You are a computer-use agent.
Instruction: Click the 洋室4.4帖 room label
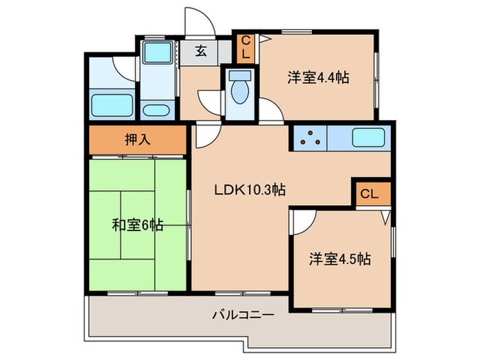pos(317,77)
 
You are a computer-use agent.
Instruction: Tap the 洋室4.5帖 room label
pos(339,259)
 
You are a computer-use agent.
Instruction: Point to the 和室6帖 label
pos(137,224)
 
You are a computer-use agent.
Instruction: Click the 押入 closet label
pos(137,141)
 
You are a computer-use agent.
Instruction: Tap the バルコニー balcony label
pos(243,315)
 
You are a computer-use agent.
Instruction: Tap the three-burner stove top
pos(310,138)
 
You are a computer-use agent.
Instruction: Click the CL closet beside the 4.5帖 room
pos(369,194)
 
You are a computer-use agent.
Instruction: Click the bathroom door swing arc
pos(125,67)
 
